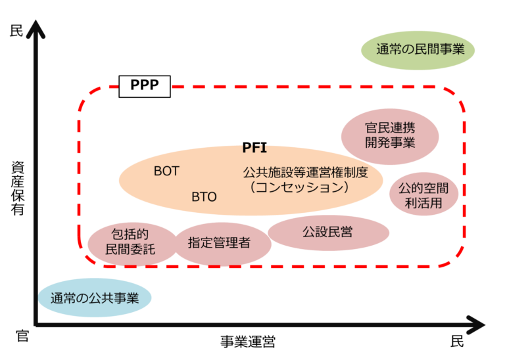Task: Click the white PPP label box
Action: point(144,86)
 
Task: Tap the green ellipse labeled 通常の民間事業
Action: point(418,49)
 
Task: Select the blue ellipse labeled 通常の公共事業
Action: point(94,298)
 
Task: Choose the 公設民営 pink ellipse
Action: point(327,233)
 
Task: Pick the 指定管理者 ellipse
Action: point(220,242)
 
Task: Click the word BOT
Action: point(166,171)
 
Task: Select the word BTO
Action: point(204,197)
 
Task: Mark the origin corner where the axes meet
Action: point(36,325)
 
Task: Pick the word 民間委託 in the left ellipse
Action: point(131,250)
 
